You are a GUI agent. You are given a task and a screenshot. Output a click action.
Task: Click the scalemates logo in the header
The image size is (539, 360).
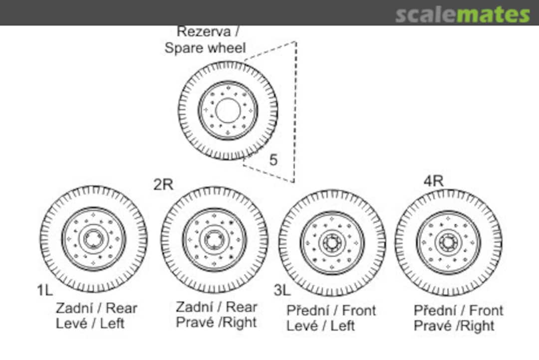pyautogui.click(x=462, y=14)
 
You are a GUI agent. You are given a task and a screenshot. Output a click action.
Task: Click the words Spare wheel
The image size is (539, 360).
pyautogui.click(x=205, y=48)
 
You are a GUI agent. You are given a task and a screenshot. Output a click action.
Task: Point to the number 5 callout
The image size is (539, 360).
pyautogui.click(x=273, y=160)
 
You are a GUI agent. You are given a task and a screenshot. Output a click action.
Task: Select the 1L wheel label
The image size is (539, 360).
pyautogui.click(x=45, y=290)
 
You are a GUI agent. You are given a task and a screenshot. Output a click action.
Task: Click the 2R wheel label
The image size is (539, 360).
pyautogui.click(x=163, y=184)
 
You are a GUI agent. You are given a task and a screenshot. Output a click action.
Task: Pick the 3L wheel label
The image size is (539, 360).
pyautogui.click(x=282, y=290)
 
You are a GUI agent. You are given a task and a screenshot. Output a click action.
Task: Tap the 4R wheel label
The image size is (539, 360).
pyautogui.click(x=433, y=181)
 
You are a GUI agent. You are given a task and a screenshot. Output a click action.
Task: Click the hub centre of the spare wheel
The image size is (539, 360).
pyautogui.click(x=228, y=110)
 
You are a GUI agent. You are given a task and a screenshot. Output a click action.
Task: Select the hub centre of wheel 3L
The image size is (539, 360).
pyautogui.click(x=332, y=243)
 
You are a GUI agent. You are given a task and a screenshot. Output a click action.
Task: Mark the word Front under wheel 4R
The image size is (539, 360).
pyautogui.click(x=486, y=311)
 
